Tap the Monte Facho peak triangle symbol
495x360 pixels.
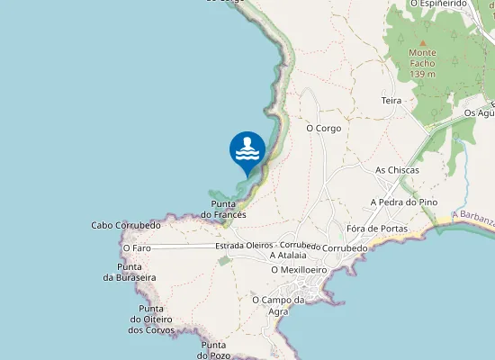(423, 41)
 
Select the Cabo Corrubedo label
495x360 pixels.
(126, 225)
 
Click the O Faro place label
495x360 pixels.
(137, 247)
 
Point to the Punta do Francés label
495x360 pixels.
(223, 210)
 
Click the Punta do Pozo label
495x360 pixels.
(214, 348)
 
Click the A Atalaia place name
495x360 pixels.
(290, 256)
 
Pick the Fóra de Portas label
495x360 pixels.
(376, 229)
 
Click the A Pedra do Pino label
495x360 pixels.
(404, 202)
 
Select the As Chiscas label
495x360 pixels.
(397, 169)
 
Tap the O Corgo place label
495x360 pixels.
(324, 129)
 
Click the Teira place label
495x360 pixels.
(391, 101)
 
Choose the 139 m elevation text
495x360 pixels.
(422, 74)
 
